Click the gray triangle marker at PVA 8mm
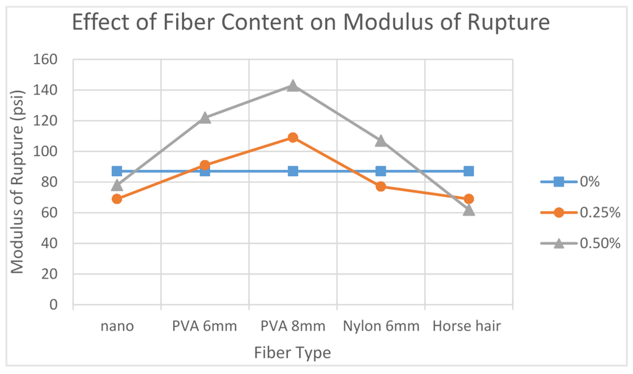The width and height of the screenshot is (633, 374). pyautogui.click(x=293, y=85)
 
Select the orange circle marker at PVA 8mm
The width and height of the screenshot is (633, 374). pyautogui.click(x=293, y=137)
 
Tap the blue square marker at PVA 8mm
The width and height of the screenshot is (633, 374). pyautogui.click(x=293, y=171)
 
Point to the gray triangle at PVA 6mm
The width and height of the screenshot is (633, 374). pyautogui.click(x=205, y=117)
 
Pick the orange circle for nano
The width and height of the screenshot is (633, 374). pyautogui.click(x=117, y=198)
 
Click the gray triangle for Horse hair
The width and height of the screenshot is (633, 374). pyautogui.click(x=469, y=210)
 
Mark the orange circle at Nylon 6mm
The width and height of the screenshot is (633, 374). pyautogui.click(x=381, y=186)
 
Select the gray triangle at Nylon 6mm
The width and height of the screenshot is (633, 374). pyautogui.click(x=381, y=140)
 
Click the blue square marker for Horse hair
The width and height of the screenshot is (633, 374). pyautogui.click(x=469, y=171)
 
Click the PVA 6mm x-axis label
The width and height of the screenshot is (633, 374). pyautogui.click(x=205, y=326)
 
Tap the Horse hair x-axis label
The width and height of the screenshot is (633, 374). pyautogui.click(x=467, y=326)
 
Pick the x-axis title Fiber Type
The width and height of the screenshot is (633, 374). pyautogui.click(x=292, y=353)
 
